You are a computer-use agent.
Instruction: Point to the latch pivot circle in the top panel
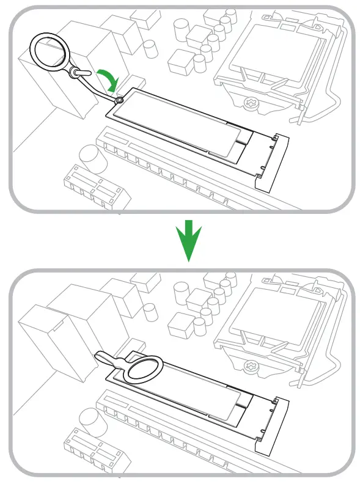(x=120, y=99)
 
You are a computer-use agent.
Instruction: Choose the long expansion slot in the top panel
(x=165, y=165)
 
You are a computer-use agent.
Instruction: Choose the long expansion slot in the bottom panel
(x=165, y=428)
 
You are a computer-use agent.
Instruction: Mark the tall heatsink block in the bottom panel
(x=46, y=342)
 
